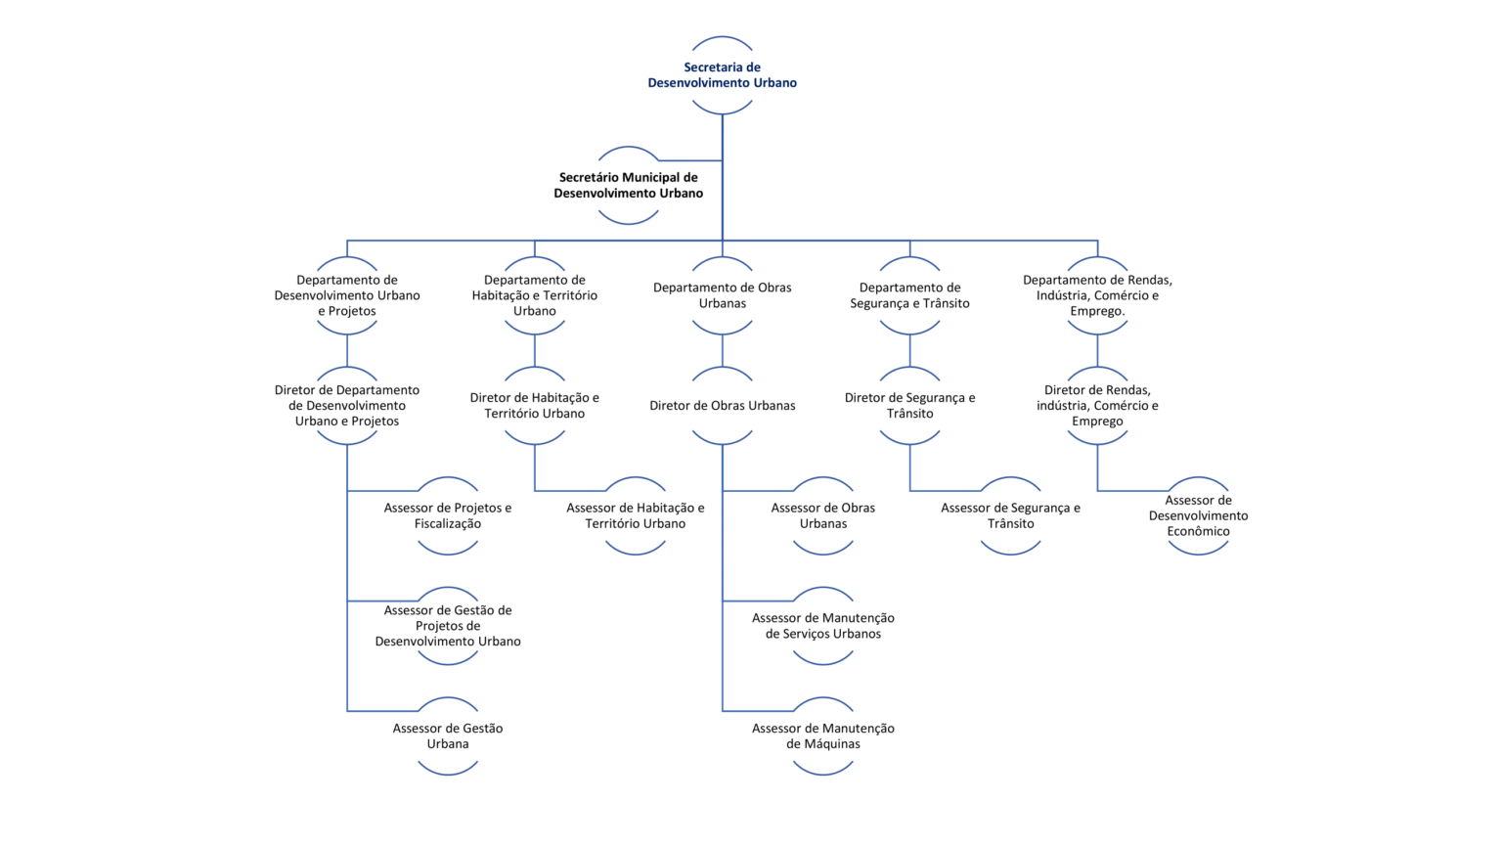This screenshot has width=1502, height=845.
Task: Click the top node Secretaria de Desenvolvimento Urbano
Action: [x=723, y=75]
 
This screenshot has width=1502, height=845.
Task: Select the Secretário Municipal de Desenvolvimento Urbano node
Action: [x=629, y=185]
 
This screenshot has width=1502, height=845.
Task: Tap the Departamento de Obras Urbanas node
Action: [x=723, y=295]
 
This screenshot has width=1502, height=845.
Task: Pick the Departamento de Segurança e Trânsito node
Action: [x=910, y=295]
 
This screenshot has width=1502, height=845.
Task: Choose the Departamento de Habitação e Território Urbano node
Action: [x=535, y=295]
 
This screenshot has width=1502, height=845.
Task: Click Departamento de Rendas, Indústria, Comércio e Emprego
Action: [x=1098, y=295]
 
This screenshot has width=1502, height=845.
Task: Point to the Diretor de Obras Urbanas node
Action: [x=723, y=405]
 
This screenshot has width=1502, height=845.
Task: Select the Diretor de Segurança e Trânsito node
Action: [x=910, y=405]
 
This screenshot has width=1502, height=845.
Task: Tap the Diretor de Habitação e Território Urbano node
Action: [x=535, y=405]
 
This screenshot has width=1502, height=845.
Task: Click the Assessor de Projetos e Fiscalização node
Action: [x=447, y=515]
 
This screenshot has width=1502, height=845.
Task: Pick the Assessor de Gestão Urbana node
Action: [x=447, y=735]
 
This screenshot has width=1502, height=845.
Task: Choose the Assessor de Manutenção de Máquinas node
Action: [x=822, y=735]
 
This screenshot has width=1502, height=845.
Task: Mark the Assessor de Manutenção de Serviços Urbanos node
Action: [x=822, y=626]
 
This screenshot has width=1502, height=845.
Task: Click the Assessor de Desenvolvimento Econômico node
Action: [x=1198, y=515]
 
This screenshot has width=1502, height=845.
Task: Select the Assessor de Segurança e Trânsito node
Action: [x=1010, y=515]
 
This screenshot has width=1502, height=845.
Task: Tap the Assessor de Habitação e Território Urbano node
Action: [x=635, y=515]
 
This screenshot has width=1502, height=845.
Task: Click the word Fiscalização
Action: [x=447, y=524]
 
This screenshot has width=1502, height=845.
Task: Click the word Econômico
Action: [x=1198, y=531]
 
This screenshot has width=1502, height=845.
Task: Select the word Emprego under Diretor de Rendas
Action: [x=1097, y=422]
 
